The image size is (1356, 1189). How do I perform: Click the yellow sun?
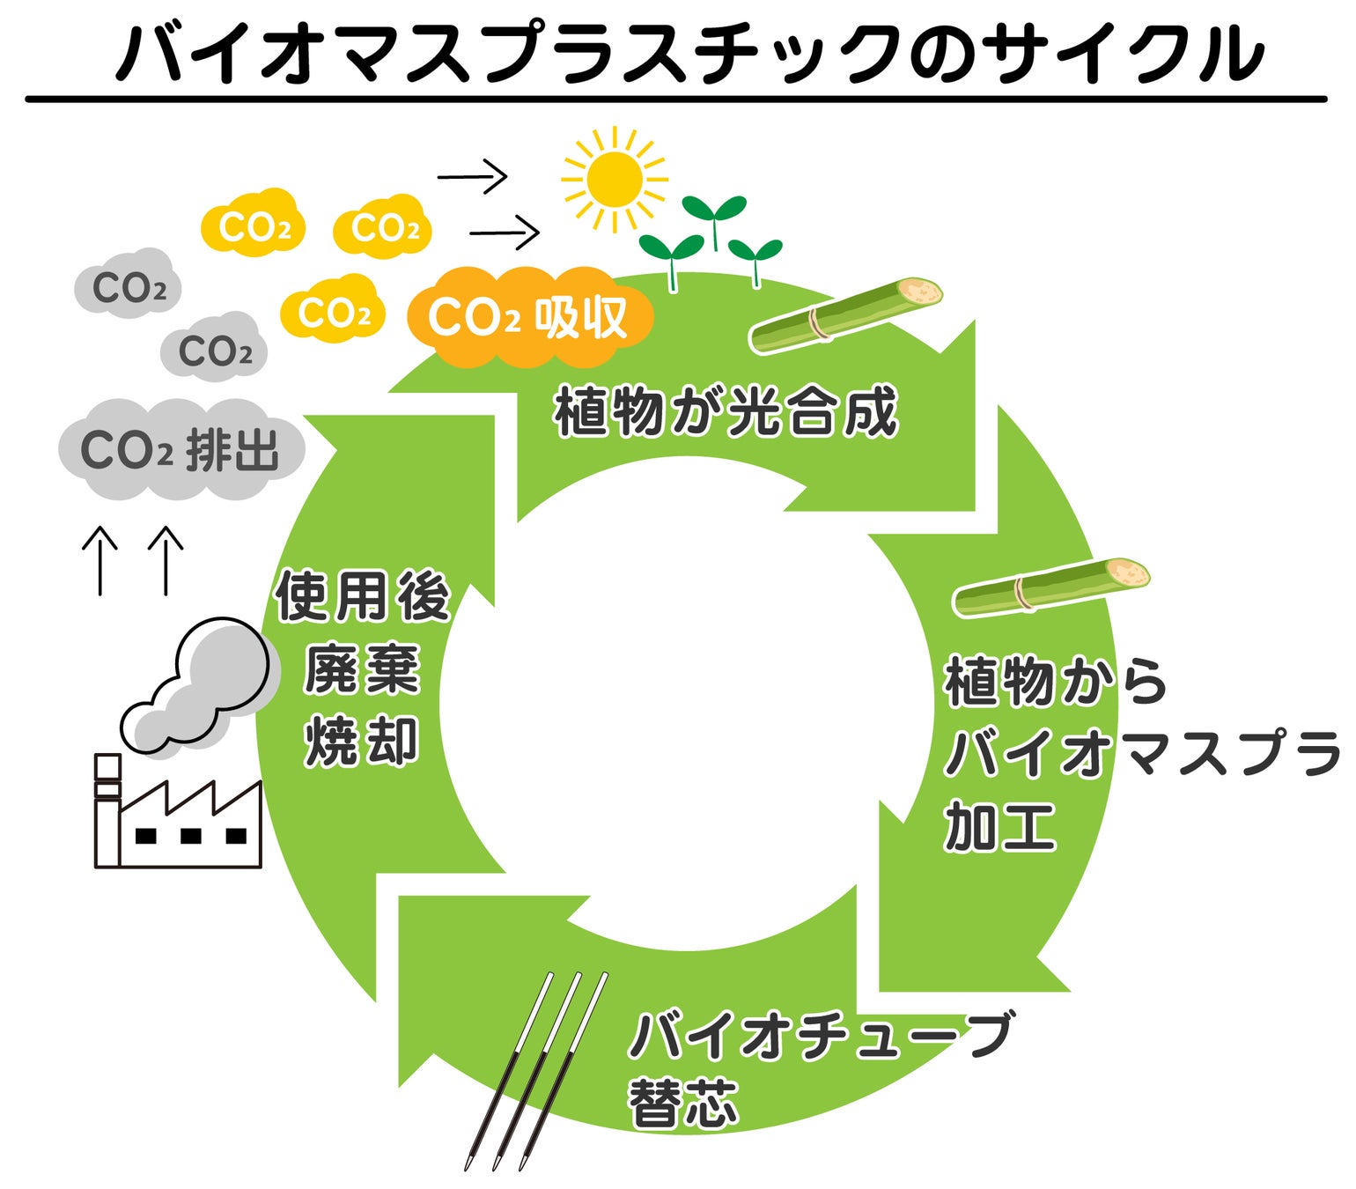(x=614, y=180)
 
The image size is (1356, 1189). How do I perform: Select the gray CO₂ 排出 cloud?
(x=181, y=449)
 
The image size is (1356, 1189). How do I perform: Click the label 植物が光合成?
(x=726, y=411)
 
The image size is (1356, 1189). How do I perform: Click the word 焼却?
(x=362, y=741)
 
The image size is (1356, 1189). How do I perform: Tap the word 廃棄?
(x=362, y=668)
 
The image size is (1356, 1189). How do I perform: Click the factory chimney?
(x=107, y=811)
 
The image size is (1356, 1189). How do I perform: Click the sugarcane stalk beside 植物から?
(x=1050, y=586)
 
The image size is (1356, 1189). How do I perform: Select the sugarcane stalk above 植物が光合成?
(x=846, y=314)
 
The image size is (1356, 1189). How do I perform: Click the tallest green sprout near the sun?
(x=715, y=222)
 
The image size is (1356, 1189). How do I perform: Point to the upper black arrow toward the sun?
(x=472, y=177)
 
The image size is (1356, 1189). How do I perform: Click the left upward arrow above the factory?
(x=100, y=560)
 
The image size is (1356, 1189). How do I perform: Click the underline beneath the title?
(x=676, y=99)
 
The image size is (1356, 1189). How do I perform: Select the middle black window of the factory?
(x=191, y=836)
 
